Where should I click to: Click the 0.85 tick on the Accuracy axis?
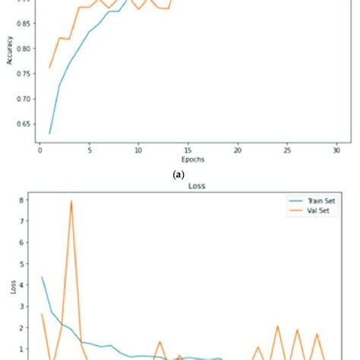23,24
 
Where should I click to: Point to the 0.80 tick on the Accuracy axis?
23,49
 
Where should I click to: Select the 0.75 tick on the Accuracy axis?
23,74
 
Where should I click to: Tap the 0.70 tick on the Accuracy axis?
23,99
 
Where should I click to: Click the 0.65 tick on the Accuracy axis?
23,124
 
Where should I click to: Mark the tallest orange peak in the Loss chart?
71,202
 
